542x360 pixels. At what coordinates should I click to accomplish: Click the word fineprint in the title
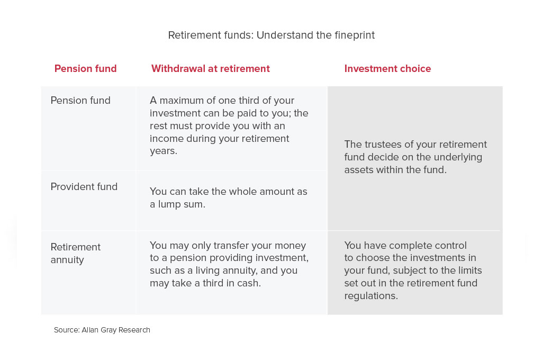(355, 35)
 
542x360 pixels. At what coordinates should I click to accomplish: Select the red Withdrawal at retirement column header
(211, 68)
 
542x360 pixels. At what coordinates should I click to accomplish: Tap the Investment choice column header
(387, 68)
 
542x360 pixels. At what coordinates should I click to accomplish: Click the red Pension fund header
(85, 68)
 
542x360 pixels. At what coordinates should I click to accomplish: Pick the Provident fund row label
(84, 187)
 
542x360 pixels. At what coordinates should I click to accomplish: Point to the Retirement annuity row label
(75, 253)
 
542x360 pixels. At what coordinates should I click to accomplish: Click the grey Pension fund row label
(80, 100)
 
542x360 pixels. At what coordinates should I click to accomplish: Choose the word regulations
(371, 296)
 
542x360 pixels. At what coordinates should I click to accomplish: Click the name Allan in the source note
(90, 330)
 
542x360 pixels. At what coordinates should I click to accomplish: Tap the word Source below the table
(67, 330)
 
